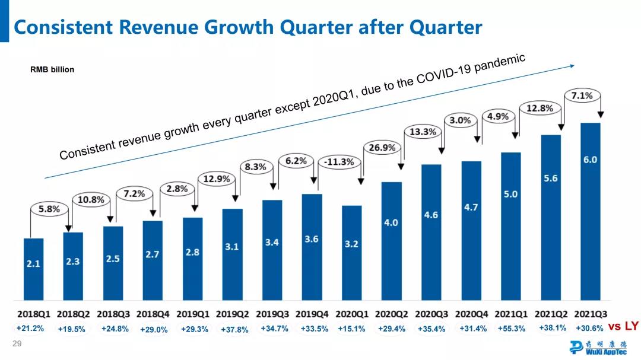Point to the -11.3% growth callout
[x=339, y=162]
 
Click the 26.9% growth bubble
[x=382, y=148]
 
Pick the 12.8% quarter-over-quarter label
[x=540, y=109]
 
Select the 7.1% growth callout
[x=582, y=95]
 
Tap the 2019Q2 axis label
[x=232, y=313]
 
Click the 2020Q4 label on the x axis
[x=471, y=313]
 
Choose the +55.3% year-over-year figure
[x=511, y=329]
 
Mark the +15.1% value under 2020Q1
[x=352, y=329]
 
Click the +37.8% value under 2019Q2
[x=234, y=329]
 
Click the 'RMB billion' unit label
[x=52, y=69]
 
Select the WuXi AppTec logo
[x=597, y=348]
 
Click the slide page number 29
[x=17, y=344]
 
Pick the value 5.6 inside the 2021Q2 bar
[x=550, y=178]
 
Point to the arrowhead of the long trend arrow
[x=573, y=66]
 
